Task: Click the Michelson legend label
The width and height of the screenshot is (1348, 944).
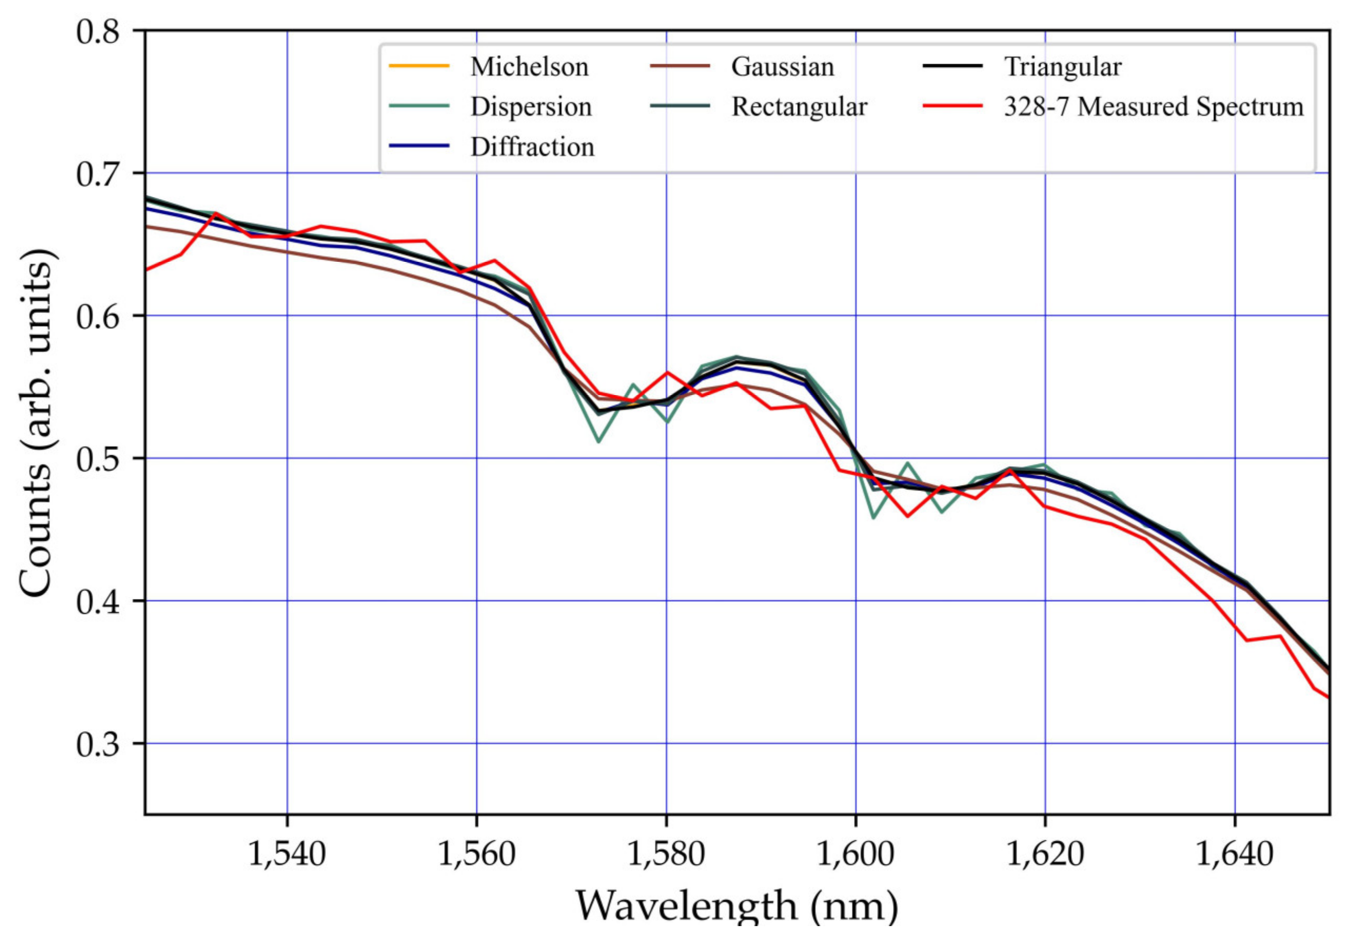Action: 529,67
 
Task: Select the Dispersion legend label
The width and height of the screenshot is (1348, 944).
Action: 531,107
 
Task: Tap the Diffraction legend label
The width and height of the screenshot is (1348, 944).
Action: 532,147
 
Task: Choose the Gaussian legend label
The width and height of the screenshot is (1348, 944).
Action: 782,67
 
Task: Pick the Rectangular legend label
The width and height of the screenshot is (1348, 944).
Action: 799,107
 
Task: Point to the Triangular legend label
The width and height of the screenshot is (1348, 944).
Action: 1062,67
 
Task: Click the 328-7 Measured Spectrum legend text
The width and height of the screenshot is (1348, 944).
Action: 1154,107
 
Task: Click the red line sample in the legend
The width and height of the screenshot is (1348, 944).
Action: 953,106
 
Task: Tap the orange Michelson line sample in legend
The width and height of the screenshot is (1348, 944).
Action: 419,66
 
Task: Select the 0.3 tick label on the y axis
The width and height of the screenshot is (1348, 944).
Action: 97,744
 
